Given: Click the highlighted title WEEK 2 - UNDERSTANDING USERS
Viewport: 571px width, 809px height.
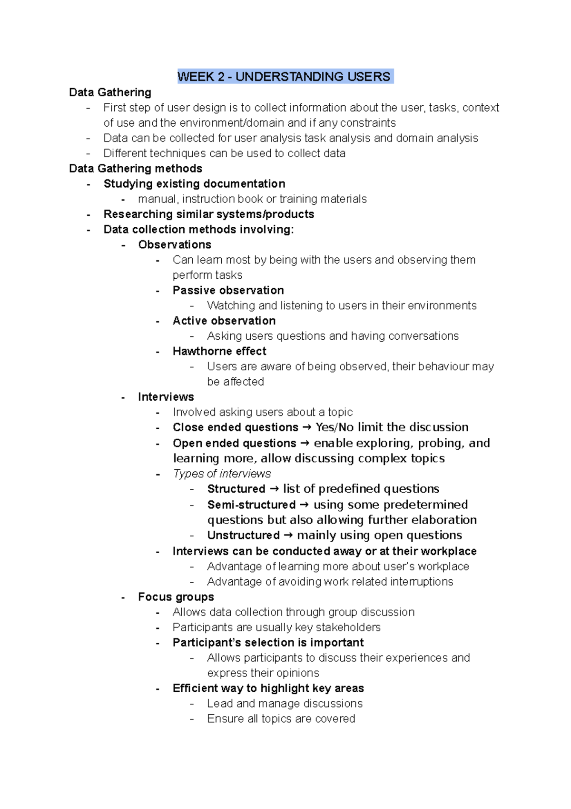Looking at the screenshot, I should tap(284, 77).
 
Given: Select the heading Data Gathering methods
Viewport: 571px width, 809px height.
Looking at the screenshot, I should tap(136, 169).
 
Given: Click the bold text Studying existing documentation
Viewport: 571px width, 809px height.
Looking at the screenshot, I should tap(194, 184).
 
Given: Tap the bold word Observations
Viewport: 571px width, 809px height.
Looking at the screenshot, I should tap(175, 245).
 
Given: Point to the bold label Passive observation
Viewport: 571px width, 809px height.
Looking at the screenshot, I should tap(228, 291).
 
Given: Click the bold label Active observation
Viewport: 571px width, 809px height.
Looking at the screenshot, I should tap(224, 321).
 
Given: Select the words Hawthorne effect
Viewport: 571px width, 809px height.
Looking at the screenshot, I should tap(219, 352).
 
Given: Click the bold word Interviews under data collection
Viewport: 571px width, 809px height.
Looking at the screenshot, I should tap(166, 397).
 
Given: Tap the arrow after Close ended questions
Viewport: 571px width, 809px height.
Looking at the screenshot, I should tap(307, 427).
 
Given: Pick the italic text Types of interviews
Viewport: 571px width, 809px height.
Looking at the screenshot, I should tap(222, 474).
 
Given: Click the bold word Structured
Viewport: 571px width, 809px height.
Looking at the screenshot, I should tap(236, 489).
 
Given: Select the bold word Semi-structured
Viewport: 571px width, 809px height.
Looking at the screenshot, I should tap(251, 505).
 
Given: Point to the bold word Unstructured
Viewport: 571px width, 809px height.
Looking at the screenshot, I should tap(243, 536).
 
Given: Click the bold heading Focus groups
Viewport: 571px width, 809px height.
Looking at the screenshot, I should tap(176, 597).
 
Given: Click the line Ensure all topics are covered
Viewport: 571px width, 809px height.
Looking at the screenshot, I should tap(281, 719).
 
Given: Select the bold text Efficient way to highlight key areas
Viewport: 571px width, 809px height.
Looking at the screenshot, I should tap(268, 688).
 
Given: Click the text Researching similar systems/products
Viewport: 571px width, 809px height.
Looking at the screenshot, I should tap(208, 214).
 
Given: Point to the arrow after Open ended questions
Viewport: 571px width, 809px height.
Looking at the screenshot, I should tap(305, 444).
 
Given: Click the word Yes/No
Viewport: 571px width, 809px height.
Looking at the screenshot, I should tap(335, 427).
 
